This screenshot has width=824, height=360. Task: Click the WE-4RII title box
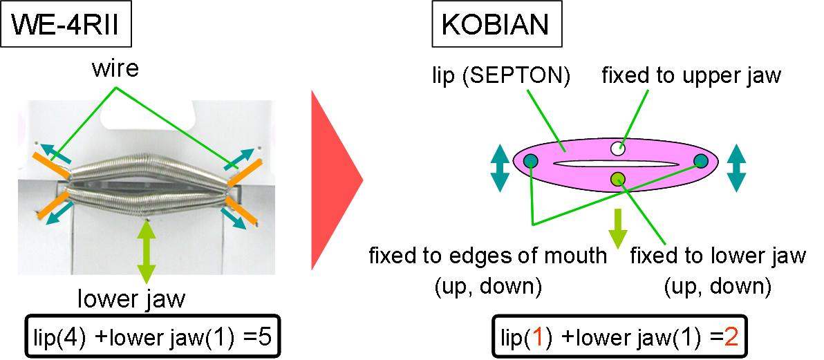pyautogui.click(x=66, y=26)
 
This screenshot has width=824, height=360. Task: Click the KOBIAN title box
pyautogui.click(x=496, y=26)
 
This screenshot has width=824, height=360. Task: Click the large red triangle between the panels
pyautogui.click(x=337, y=180)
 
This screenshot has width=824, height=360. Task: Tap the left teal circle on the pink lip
pyautogui.click(x=531, y=160)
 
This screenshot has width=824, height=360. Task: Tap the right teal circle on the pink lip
pyautogui.click(x=700, y=160)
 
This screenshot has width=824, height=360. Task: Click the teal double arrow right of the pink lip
pyautogui.click(x=737, y=168)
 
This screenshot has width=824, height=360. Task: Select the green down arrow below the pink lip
pyautogui.click(x=618, y=228)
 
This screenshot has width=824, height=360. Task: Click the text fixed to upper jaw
pyautogui.click(x=691, y=77)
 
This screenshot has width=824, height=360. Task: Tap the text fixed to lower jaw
pyautogui.click(x=718, y=256)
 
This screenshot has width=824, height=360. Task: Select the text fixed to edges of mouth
pyautogui.click(x=487, y=256)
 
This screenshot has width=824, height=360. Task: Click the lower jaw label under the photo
pyautogui.click(x=131, y=300)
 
